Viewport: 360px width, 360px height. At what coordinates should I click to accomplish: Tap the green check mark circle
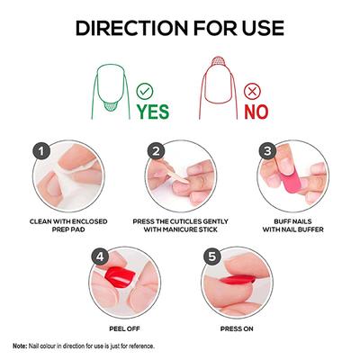pos(144,90)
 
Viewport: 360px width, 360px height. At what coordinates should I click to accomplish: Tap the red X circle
pos(252,90)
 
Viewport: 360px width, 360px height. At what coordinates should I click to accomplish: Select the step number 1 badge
pos(40,150)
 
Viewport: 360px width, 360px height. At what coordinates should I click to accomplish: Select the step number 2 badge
pos(157,150)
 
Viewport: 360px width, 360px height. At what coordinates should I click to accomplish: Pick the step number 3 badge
pos(267,150)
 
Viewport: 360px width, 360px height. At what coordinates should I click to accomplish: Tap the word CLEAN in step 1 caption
pos(44,221)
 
